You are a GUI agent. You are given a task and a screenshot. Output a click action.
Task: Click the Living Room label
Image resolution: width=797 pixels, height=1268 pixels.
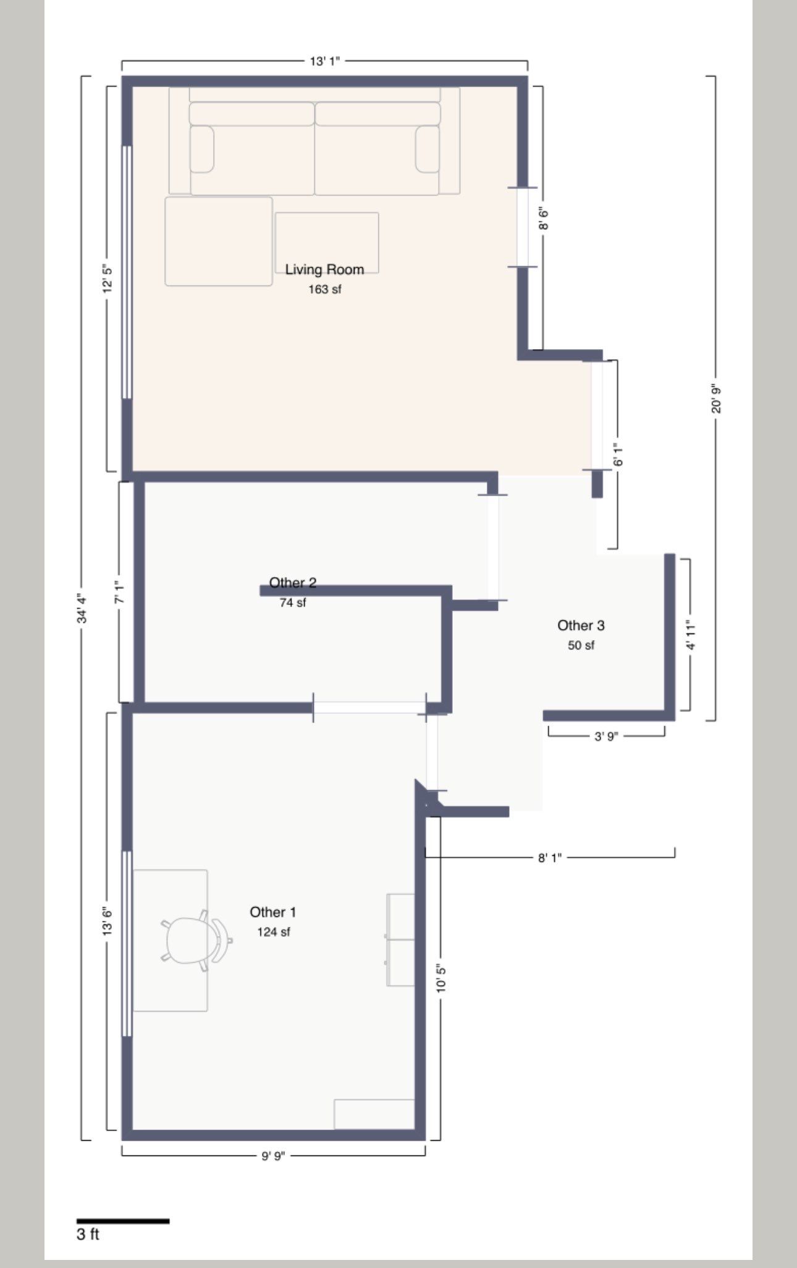click(324, 269)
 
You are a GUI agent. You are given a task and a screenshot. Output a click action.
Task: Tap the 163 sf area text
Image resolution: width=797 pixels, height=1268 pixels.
click(325, 289)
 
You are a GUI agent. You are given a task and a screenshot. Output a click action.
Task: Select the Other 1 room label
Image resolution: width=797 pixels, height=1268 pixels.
click(273, 912)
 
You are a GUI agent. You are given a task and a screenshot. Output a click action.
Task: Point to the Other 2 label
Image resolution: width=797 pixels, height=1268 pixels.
click(293, 582)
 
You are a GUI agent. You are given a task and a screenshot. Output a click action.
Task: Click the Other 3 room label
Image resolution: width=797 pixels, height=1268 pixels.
click(581, 625)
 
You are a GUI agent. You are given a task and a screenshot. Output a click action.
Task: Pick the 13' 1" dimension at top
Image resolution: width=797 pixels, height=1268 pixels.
click(324, 61)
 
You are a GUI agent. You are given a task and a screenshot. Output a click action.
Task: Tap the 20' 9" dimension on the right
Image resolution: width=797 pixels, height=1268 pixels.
click(716, 399)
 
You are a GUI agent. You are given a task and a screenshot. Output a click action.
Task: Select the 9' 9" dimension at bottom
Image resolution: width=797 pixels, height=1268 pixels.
click(272, 1156)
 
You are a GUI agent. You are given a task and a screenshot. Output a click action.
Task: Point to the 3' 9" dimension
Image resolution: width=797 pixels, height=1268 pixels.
click(606, 737)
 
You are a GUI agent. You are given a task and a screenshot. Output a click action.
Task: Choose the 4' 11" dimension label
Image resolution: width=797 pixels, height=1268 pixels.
click(691, 635)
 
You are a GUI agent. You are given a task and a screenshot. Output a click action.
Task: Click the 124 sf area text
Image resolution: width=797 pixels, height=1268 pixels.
click(274, 932)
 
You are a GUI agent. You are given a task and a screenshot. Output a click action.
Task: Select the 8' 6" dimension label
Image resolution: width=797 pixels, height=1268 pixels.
click(544, 219)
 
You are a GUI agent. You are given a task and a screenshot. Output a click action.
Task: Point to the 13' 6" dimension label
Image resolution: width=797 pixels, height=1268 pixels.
click(108, 921)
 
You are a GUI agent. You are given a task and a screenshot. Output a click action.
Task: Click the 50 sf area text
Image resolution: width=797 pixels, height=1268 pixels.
click(581, 645)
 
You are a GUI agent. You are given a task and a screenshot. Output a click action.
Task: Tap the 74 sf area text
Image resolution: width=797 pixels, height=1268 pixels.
click(293, 602)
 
